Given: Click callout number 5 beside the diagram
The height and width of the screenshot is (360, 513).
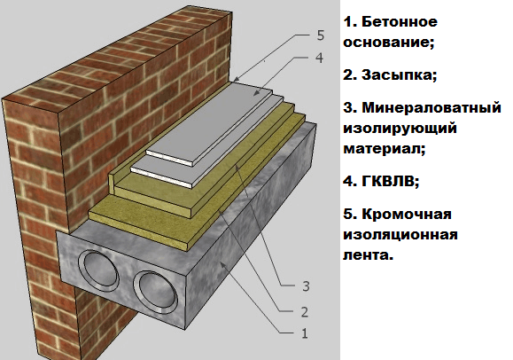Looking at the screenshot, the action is coord(321,35).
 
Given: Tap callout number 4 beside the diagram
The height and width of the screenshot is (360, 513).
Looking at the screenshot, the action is coord(319,58).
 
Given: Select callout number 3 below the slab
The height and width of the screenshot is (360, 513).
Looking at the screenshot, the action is coord(306,286).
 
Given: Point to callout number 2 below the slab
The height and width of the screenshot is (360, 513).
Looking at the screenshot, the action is coord(305,312).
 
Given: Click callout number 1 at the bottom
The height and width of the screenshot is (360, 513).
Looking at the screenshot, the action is coord(305,333).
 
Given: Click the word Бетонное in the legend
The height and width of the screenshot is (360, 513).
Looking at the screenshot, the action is coord(400,22).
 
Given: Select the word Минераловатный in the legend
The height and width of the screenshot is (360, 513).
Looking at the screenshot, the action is coord(431,107).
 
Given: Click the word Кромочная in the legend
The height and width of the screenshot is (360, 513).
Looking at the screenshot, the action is coord(407,215).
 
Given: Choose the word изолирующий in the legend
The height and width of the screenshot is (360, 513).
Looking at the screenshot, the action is coord(400,129).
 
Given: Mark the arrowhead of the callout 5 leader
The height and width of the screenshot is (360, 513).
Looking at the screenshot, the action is coord(237,79).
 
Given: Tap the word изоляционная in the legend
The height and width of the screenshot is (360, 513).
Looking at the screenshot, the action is coord(400,235).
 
